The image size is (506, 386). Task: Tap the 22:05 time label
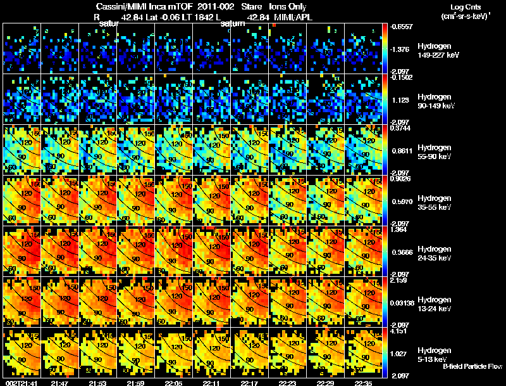pyautogui.click(x=175, y=383)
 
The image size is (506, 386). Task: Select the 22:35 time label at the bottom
pyautogui.click(x=363, y=383)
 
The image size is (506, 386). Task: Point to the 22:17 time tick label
pyautogui.click(x=250, y=383)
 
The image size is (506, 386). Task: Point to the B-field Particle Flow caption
pyautogui.click(x=472, y=366)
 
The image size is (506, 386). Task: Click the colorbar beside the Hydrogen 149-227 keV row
pyautogui.click(x=385, y=48)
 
